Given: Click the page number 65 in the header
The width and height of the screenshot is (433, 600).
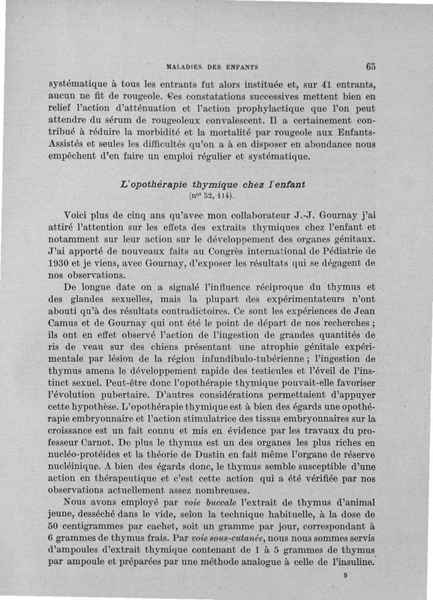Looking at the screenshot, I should [x=370, y=67].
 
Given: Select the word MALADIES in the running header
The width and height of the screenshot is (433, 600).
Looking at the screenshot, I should [x=186, y=68].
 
